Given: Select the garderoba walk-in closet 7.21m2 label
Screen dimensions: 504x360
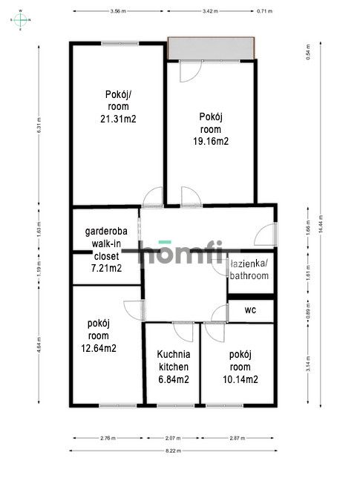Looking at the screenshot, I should pos(106,249).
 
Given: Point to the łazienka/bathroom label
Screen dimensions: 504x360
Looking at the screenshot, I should pos(251,269).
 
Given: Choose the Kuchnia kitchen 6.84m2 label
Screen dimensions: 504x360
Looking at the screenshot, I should pos(174,367).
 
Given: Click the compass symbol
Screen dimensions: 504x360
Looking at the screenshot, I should pos(21,20).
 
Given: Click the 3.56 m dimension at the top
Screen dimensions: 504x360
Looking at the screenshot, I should pos(117,12).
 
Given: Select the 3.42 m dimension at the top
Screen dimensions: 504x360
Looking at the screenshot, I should pos(210,12).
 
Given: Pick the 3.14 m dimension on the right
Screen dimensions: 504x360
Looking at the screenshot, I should pos(307,364).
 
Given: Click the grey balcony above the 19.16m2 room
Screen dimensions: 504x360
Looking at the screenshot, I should pos(213,49).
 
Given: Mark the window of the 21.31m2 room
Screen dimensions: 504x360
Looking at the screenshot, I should pos(120,43).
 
